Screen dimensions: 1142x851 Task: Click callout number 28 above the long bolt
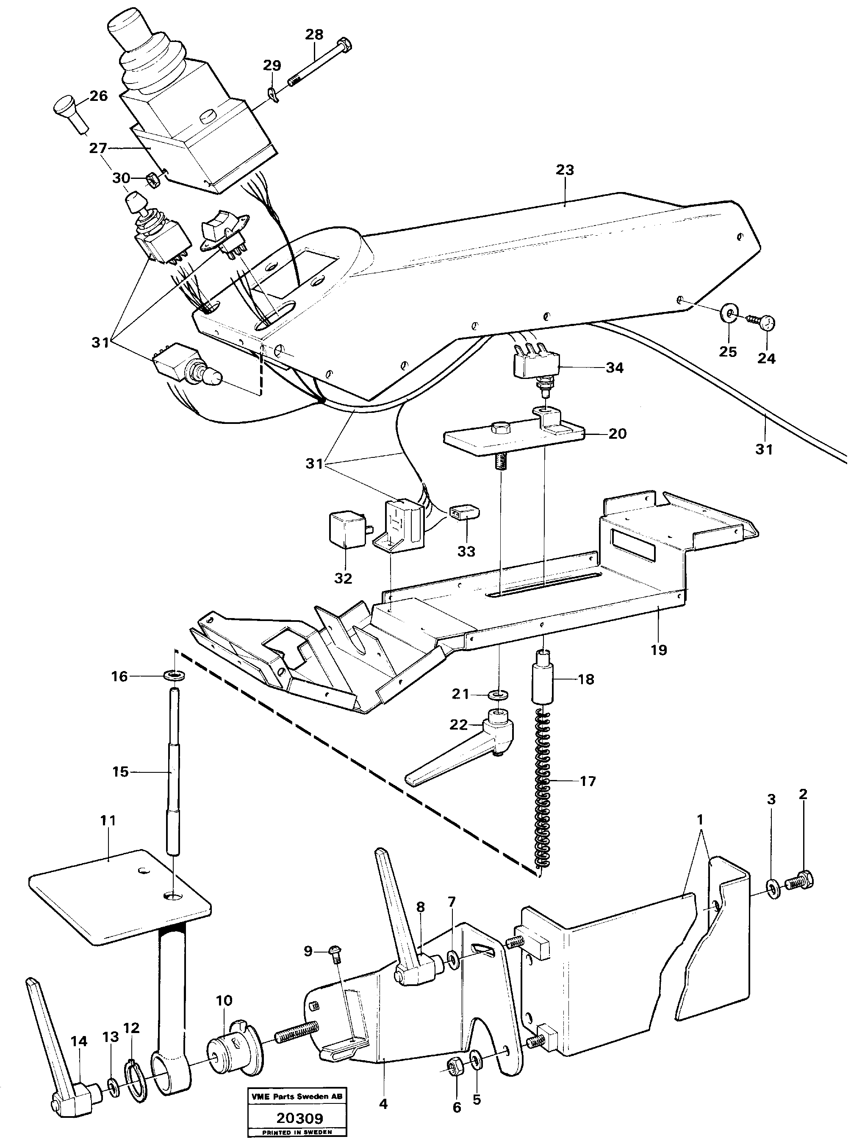[314, 34]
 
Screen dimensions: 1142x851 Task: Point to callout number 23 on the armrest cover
[565, 170]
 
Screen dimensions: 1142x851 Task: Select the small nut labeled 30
[152, 179]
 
